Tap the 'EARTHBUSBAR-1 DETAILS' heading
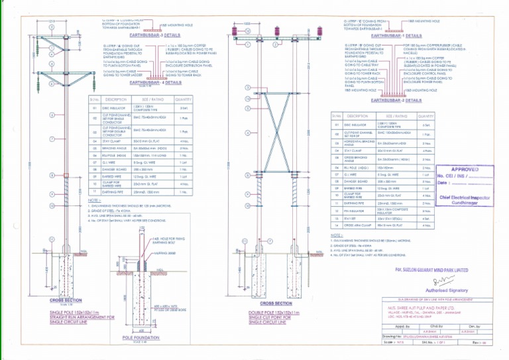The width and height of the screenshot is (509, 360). point(396,36)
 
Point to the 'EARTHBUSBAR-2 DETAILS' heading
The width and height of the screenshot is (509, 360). point(396,100)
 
